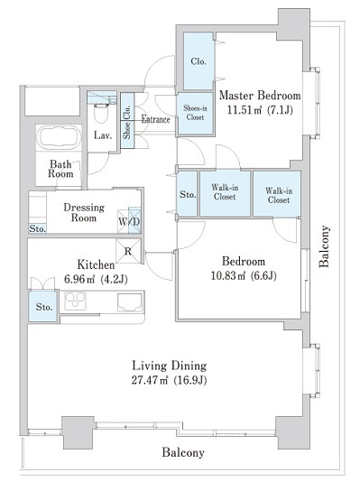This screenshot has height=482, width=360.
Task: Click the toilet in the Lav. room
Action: tap(102, 114)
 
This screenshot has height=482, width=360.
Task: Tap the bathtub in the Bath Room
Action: tap(59, 138)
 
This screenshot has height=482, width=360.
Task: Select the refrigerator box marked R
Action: tap(128, 251)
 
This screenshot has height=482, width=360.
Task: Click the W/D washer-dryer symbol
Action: tap(129, 220)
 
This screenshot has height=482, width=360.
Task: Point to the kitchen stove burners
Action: tap(75, 301)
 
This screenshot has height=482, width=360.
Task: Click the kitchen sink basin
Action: tap(130, 302)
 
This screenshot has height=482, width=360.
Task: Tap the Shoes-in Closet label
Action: tap(195, 113)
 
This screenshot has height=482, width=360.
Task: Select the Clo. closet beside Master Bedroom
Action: tap(198, 60)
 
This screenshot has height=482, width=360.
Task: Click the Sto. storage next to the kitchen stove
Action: tap(43, 307)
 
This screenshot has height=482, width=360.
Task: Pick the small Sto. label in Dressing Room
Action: tap(38, 228)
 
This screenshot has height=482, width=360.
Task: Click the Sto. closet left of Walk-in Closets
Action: tap(188, 194)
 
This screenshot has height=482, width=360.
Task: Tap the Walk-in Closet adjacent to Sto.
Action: tap(226, 193)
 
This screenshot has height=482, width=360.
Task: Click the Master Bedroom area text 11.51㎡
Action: tap(244, 110)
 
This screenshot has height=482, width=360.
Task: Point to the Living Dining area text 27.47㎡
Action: tap(150, 380)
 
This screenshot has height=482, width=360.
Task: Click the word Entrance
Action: tap(155, 119)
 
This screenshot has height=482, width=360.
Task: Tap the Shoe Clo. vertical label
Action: tap(127, 122)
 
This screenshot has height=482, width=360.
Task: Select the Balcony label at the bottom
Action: tap(183, 452)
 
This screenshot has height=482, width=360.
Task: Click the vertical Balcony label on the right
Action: tap(325, 246)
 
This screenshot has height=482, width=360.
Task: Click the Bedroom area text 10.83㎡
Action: tap(228, 275)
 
